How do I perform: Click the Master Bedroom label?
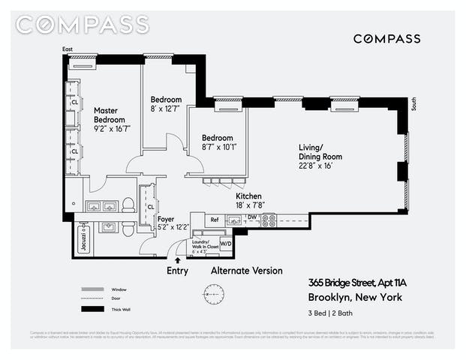106,115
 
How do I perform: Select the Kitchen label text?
248,196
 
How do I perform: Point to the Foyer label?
166,219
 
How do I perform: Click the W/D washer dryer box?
225,242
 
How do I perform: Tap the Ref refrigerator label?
214,220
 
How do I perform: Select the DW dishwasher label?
252,217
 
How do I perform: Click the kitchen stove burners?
268,220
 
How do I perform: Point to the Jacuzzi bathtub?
81,241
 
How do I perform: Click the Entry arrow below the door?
177,259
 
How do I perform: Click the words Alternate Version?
246,270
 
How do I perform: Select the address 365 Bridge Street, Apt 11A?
356,283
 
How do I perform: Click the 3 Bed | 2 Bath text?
331,315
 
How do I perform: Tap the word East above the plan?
68,49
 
